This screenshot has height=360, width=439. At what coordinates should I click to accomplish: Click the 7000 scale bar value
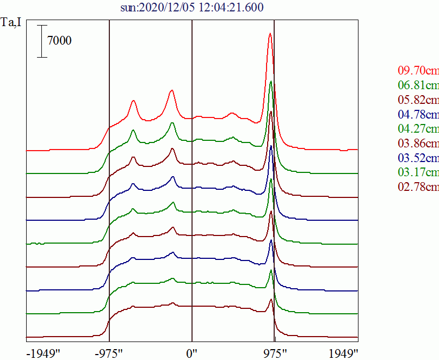59,40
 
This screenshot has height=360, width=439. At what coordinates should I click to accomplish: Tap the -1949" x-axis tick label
43,352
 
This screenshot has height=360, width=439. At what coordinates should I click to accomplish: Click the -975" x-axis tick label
109,352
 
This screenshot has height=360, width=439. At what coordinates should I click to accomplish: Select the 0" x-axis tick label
191,352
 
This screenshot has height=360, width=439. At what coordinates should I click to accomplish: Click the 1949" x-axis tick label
343,352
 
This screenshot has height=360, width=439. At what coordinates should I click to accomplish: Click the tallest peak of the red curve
270,34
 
